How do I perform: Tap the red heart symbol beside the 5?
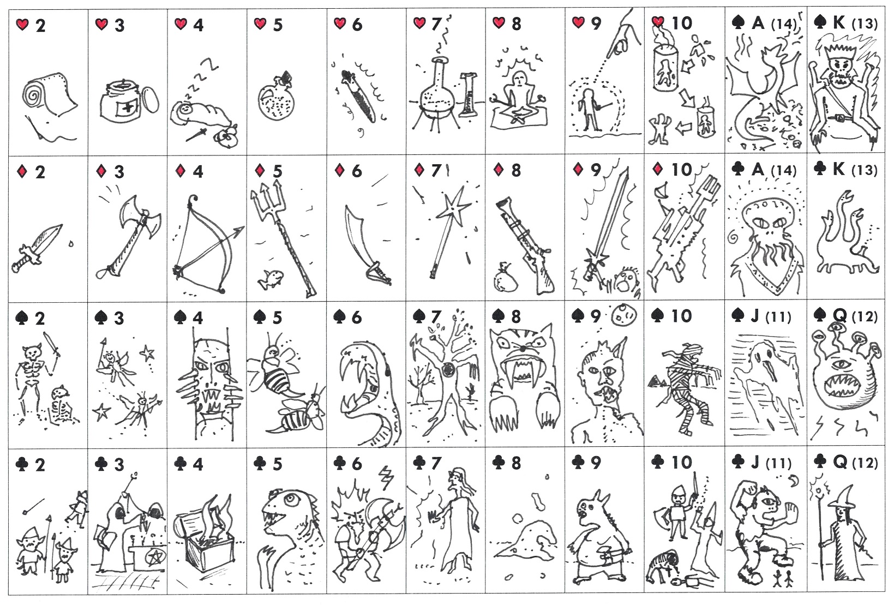pyautogui.click(x=260, y=24)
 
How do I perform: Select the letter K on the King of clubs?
pyautogui.click(x=838, y=169)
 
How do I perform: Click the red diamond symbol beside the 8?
pyautogui.click(x=499, y=170)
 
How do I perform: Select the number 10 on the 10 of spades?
pyautogui.click(x=682, y=316)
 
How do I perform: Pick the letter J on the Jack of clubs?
pyautogui.click(x=755, y=463)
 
